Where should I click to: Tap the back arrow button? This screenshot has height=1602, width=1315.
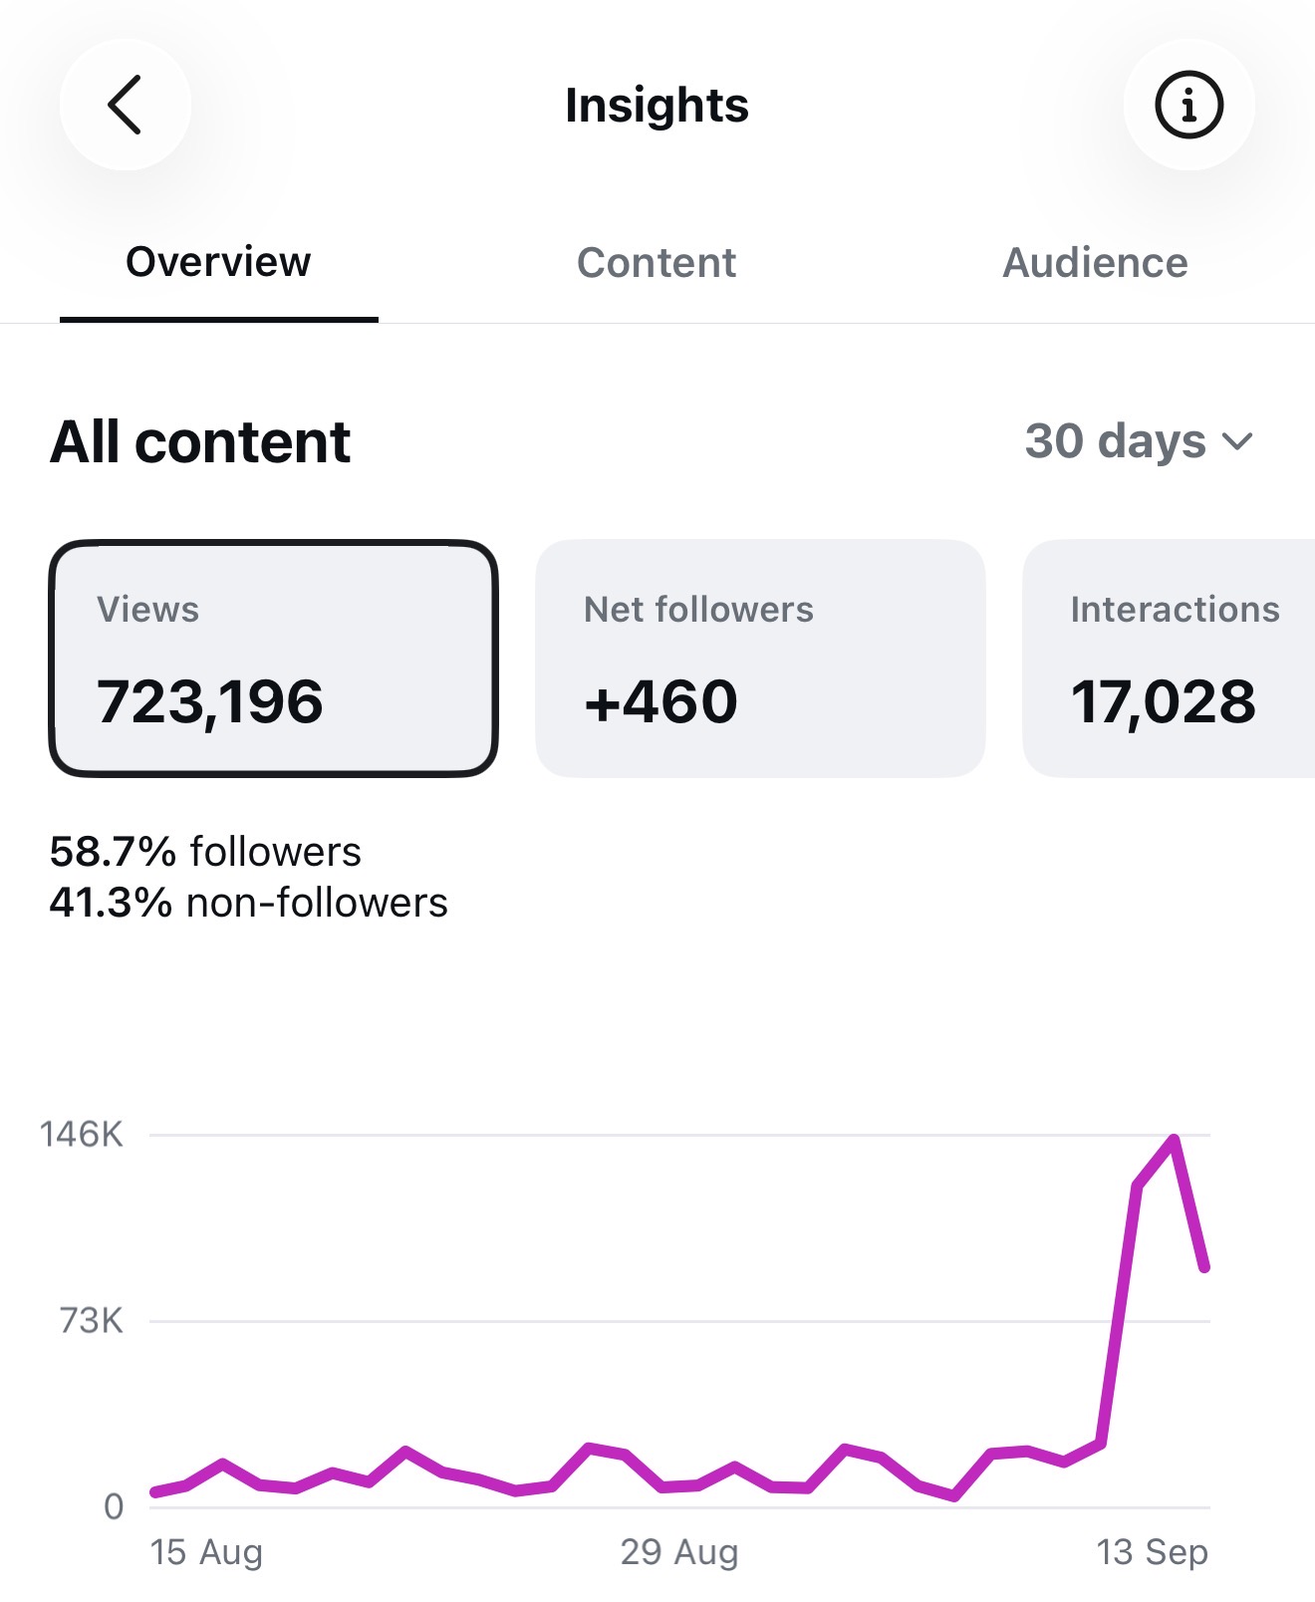tap(125, 104)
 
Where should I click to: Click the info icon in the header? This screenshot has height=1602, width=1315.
tap(1188, 104)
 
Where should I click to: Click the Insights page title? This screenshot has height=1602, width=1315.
tap(657, 105)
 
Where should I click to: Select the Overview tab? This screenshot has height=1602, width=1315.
tap(218, 262)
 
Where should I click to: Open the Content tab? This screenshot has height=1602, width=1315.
tap(657, 263)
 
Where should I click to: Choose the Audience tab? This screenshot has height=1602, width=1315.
tap(1095, 263)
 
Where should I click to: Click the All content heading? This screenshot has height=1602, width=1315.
tap(200, 442)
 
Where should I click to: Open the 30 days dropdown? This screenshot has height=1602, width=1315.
tap(1138, 440)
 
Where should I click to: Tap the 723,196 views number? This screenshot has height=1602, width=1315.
tap(209, 701)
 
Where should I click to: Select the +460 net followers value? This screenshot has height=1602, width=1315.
tap(660, 701)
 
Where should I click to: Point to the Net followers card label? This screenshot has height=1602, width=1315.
tap(698, 609)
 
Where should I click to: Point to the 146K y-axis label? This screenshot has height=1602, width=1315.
tap(82, 1134)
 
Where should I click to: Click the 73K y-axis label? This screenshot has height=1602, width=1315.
tap(92, 1321)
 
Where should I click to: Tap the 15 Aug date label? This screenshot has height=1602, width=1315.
tap(206, 1552)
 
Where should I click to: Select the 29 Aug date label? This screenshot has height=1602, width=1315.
tap(679, 1552)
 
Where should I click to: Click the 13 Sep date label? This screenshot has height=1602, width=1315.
tap(1152, 1552)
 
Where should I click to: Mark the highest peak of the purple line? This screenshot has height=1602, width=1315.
tap(1175, 1139)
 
